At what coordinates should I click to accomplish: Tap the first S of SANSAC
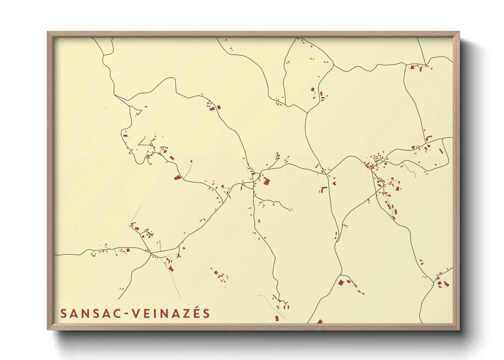(x=63, y=314)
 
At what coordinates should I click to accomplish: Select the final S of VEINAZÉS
(x=206, y=314)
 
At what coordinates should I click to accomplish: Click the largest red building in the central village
(x=266, y=180)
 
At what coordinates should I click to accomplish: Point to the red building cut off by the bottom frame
(x=319, y=321)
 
